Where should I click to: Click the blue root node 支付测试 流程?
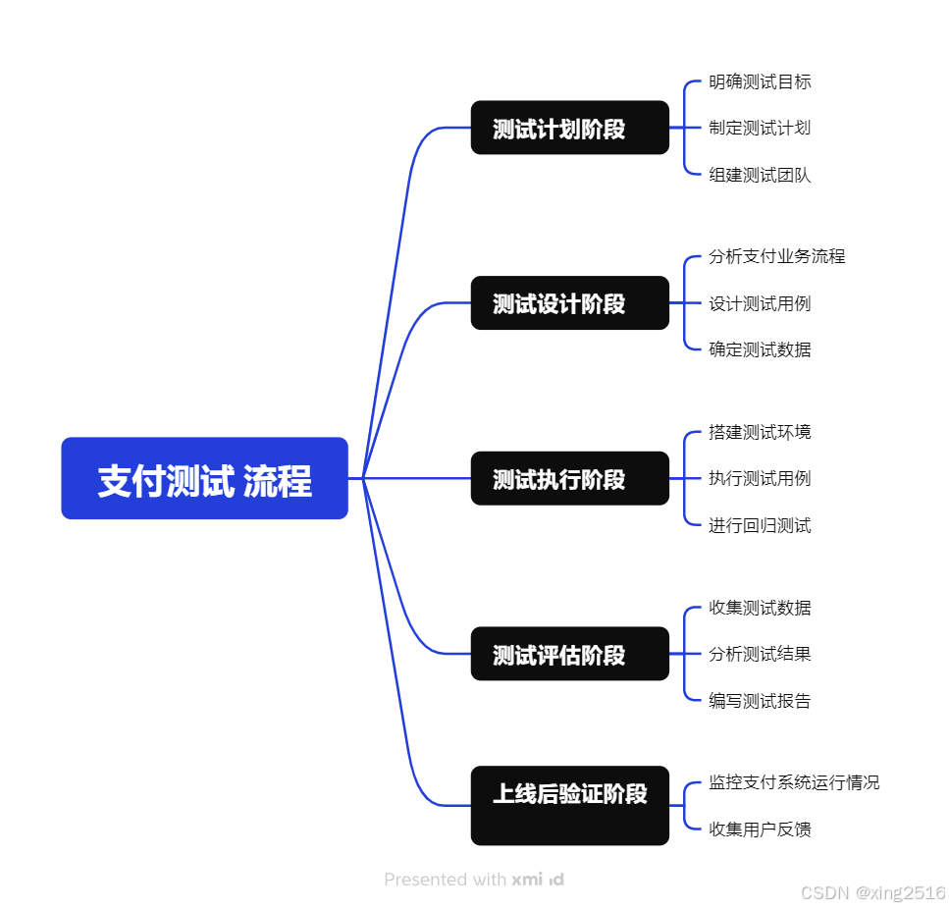[x=204, y=478]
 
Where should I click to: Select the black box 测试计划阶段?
[x=569, y=128]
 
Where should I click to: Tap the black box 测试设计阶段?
[x=569, y=303]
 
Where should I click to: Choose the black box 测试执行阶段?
[x=569, y=478]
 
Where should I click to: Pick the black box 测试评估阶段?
[x=569, y=654]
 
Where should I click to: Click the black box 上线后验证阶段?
[x=569, y=805]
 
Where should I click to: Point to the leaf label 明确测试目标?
[x=760, y=81]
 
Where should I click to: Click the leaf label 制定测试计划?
[x=760, y=128]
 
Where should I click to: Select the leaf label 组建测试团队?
[x=760, y=175]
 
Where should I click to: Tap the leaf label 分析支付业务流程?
[x=776, y=256]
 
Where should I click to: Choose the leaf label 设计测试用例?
[x=760, y=303]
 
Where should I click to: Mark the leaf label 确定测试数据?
[x=760, y=349]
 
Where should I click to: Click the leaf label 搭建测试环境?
[x=760, y=432]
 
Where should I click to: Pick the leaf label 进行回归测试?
[x=760, y=525]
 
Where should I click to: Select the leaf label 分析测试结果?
[x=760, y=654]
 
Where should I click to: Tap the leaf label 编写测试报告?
[x=760, y=701]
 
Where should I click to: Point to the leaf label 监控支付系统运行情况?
[x=794, y=782]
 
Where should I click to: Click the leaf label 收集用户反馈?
[x=760, y=830]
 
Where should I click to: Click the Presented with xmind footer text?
[x=474, y=880]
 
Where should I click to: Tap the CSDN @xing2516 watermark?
[x=872, y=893]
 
